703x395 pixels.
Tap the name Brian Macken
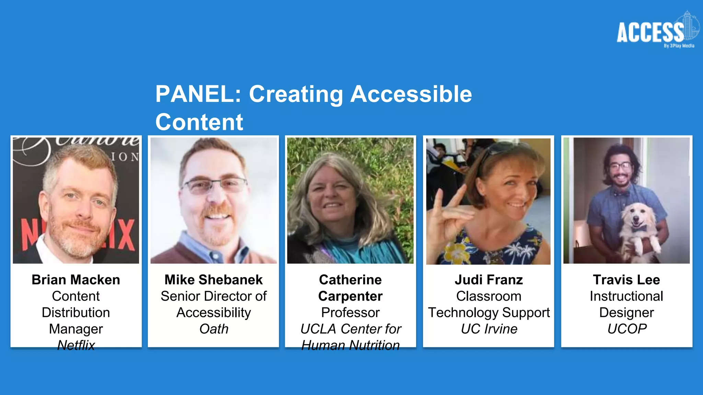(76, 280)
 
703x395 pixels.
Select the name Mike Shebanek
(214, 280)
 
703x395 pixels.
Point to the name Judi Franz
(489, 280)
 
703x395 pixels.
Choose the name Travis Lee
(626, 280)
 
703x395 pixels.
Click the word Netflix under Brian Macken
(76, 345)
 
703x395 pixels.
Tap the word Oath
(214, 329)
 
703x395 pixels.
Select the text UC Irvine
(489, 329)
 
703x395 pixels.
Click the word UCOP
(627, 329)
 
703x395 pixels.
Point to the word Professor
(350, 312)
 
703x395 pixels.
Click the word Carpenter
(350, 296)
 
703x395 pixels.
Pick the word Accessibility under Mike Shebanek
(214, 312)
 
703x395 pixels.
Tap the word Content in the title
(199, 122)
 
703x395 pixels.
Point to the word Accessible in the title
(411, 94)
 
